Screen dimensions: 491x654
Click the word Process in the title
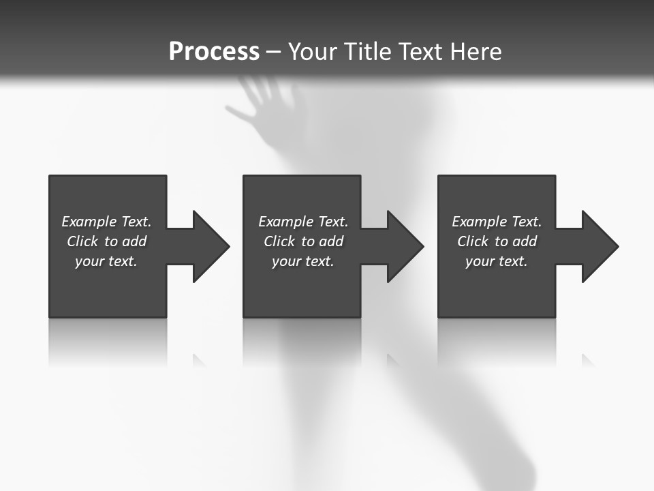214,52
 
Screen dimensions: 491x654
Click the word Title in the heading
366,52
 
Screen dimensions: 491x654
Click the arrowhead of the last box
599,246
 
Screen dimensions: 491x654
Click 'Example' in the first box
89,222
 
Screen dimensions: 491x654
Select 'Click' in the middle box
279,241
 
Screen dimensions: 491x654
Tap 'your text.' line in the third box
496,261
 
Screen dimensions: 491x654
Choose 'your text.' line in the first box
106,261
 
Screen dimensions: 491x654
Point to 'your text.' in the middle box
302,261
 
